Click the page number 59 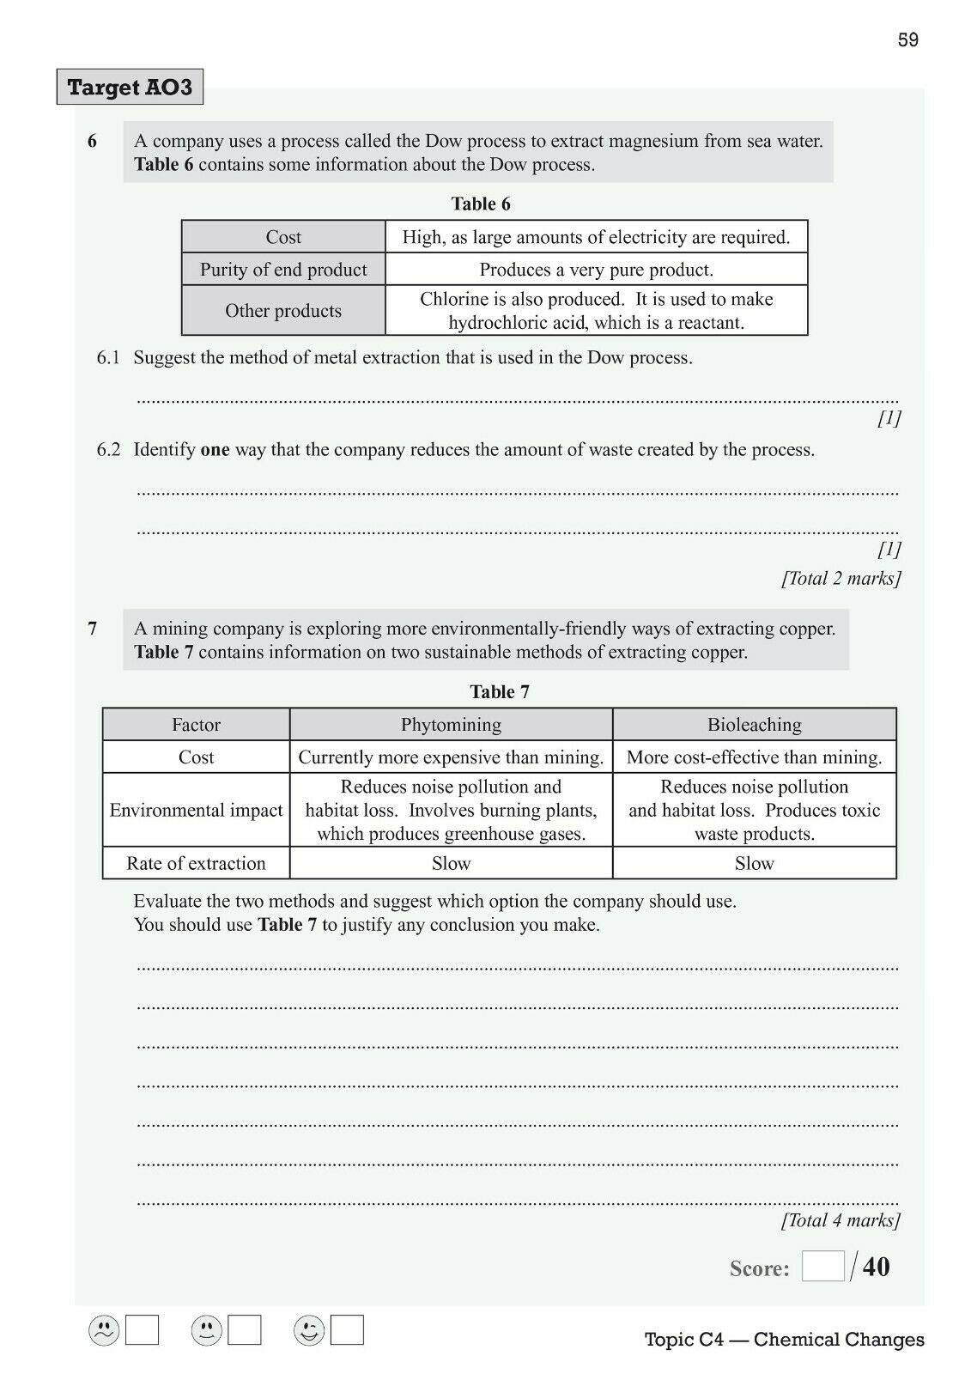(x=907, y=40)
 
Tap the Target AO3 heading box (x=130, y=87)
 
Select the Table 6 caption (x=481, y=204)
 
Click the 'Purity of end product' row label (x=283, y=270)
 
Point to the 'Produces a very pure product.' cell (x=596, y=270)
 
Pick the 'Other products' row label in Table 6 (x=283, y=311)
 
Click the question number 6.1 (x=108, y=358)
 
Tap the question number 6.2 (x=108, y=450)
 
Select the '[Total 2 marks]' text (x=841, y=578)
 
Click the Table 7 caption (x=499, y=691)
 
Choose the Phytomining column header (x=451, y=725)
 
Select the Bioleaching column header (x=754, y=725)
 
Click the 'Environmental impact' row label (x=196, y=811)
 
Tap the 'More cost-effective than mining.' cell (x=754, y=757)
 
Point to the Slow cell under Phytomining (x=451, y=864)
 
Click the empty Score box (x=822, y=1267)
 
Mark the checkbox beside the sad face (x=143, y=1331)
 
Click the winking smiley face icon (x=309, y=1331)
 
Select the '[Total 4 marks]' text (x=841, y=1220)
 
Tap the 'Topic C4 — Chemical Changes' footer (x=784, y=1339)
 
